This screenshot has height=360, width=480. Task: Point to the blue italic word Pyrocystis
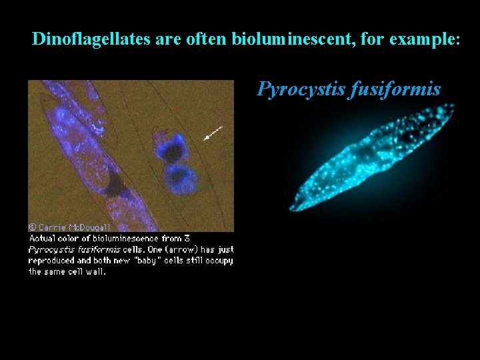[300, 89]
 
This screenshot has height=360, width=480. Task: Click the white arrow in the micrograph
[214, 134]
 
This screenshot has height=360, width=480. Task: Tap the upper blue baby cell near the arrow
[172, 148]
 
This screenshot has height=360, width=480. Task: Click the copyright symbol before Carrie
[33, 227]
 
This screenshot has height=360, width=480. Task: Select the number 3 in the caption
[188, 239]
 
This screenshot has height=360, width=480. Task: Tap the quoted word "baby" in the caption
[147, 261]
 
